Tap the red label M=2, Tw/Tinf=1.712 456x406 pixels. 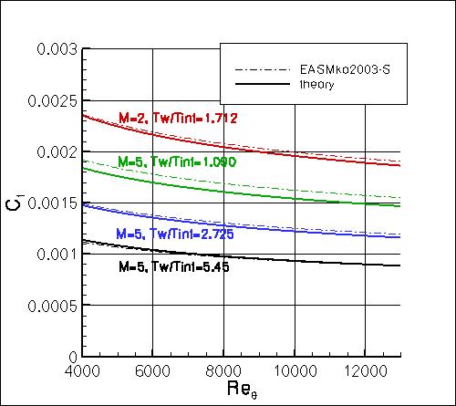[178, 117]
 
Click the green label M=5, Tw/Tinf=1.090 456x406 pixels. [178, 161]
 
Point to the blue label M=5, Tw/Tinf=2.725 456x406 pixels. [174, 234]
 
